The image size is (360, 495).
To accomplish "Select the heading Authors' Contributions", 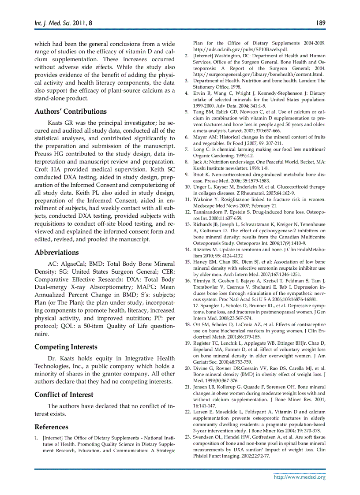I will (x=71, y=112).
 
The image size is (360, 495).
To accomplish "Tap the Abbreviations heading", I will (x=56, y=253).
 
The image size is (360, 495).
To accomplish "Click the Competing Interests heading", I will (x=66, y=347).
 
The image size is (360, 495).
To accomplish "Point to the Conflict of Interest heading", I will (x=64, y=395).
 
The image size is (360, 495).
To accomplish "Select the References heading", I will (x=51, y=427).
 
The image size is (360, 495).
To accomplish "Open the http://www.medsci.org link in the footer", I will (x=300, y=477).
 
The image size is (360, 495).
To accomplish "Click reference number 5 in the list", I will (x=186, y=112).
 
